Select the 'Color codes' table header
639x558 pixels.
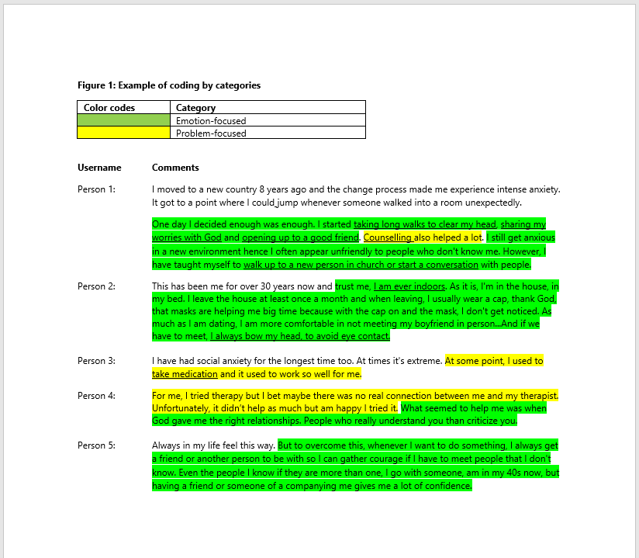[109, 108]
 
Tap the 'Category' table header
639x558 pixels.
[195, 108]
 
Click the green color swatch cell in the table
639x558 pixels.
[123, 120]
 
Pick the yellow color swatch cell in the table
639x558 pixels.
[123, 133]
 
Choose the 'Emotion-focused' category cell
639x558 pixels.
[211, 120]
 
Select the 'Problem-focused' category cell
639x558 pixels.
[211, 133]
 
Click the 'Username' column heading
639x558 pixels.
[99, 168]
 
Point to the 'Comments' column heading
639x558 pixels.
[175, 168]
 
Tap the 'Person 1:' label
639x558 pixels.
[96, 189]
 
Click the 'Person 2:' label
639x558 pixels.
[96, 286]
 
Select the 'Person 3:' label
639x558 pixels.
[96, 361]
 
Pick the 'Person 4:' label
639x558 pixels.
[96, 396]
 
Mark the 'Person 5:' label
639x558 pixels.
[96, 445]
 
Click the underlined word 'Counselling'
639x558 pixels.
[388, 237]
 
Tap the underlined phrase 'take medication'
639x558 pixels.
[185, 374]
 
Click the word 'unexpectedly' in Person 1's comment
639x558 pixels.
[493, 202]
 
